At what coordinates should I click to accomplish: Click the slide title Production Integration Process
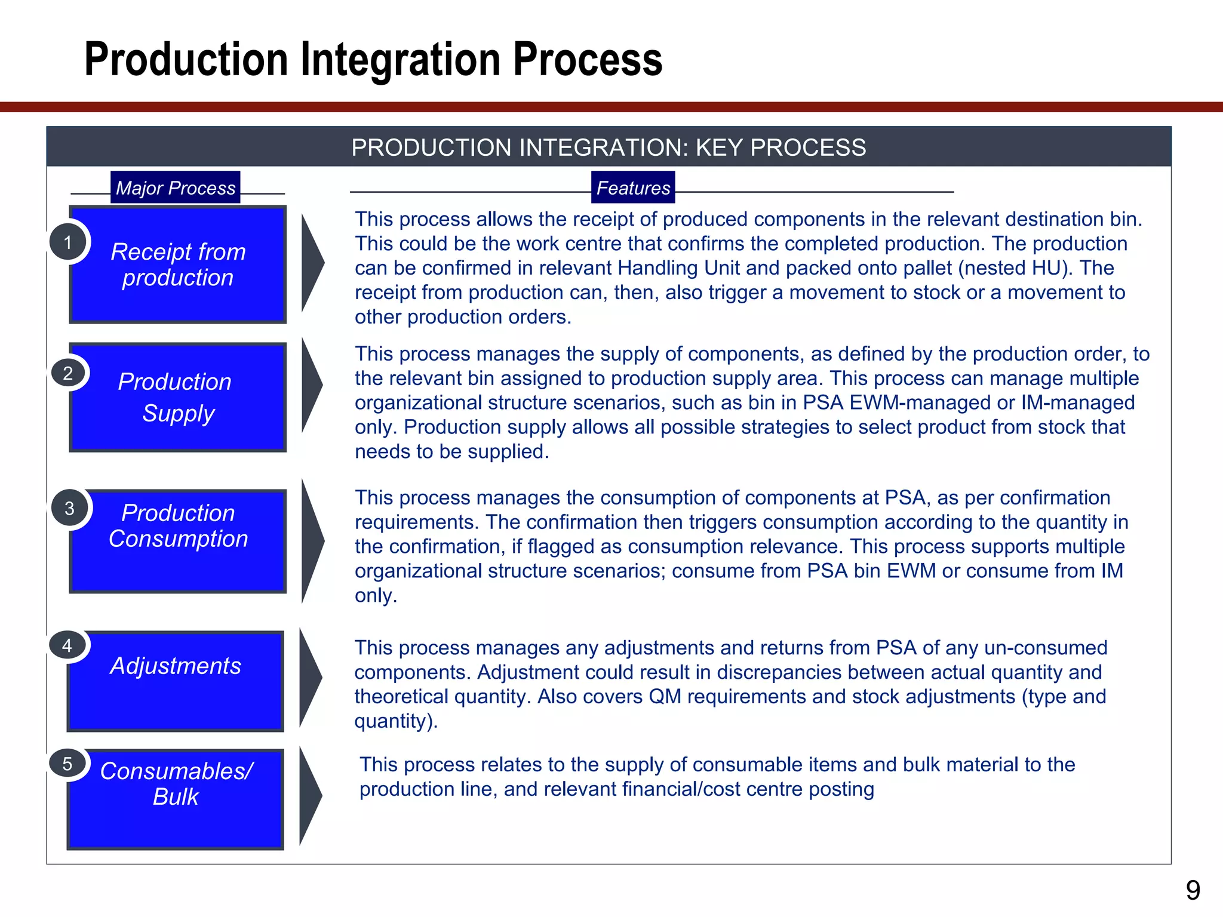coord(373,60)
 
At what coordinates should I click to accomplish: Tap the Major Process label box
coord(175,187)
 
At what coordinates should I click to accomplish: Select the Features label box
coord(633,187)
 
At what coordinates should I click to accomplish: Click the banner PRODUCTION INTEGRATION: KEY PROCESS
coord(609,147)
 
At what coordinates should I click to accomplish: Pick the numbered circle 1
coord(68,242)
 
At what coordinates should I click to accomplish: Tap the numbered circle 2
coord(68,373)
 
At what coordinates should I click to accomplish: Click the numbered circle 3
coord(69,508)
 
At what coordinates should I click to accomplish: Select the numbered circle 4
coord(67,645)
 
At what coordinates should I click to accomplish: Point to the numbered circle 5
coord(67,764)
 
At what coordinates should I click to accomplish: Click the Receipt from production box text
coord(178,264)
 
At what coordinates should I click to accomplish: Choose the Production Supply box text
coord(176,398)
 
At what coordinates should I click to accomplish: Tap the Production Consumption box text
coord(178,526)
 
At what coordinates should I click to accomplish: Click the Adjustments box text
coord(176,666)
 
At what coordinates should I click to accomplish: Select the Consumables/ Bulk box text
coord(176,784)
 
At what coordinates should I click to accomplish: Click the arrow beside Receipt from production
coord(311,263)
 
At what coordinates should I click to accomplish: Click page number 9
coord(1193,891)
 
